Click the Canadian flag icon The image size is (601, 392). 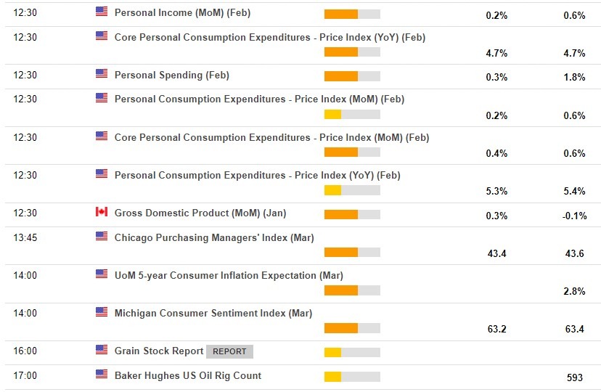[x=102, y=212]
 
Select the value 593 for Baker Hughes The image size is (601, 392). [x=574, y=377]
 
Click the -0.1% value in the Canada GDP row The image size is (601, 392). [x=574, y=216]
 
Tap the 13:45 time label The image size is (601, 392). [x=25, y=238]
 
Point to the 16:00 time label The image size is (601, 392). [x=25, y=351]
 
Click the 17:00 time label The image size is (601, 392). [x=25, y=376]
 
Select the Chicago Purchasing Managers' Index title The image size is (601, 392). [x=214, y=238]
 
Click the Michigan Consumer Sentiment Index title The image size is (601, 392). [x=213, y=314]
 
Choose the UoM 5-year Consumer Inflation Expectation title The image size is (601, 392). [x=229, y=276]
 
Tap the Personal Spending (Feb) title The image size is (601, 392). [x=172, y=75]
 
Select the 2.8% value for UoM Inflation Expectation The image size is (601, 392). [x=574, y=292]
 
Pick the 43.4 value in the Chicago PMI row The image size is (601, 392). [x=497, y=253]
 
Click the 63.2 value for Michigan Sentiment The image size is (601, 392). [x=497, y=330]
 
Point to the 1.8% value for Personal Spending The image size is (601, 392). [x=574, y=78]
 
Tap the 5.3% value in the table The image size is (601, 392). [x=497, y=192]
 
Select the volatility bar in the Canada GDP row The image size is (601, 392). [x=352, y=215]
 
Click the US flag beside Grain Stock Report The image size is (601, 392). [x=102, y=350]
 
